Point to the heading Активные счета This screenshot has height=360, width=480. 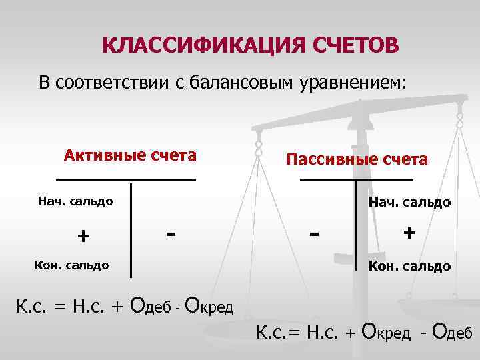[130, 155]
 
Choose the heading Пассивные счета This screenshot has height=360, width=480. [357, 159]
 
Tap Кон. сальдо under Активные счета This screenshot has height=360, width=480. [71, 265]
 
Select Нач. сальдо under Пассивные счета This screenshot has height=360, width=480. [410, 201]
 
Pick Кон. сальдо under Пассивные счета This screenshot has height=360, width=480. [410, 266]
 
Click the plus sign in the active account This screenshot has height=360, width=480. [83, 236]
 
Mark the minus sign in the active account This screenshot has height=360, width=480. [172, 233]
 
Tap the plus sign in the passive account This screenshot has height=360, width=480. [409, 233]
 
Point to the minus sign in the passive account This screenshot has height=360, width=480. [315, 234]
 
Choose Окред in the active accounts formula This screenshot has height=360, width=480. [208, 306]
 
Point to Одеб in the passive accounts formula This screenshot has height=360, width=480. [452, 331]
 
